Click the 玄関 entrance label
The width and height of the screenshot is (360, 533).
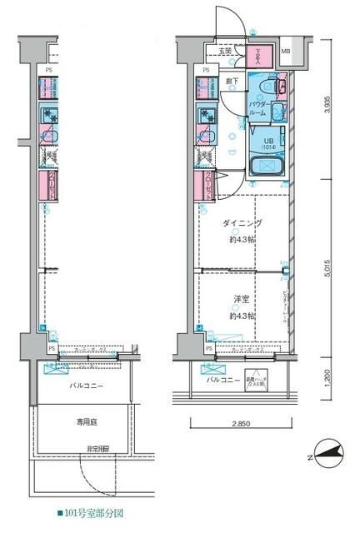(x=226, y=52)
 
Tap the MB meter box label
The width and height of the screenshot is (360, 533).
(x=285, y=52)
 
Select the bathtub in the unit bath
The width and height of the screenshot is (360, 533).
(x=268, y=166)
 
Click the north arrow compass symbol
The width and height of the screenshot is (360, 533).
(x=328, y=454)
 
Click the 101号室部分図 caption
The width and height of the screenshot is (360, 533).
(x=91, y=513)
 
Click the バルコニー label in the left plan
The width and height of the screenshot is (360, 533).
(x=82, y=386)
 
